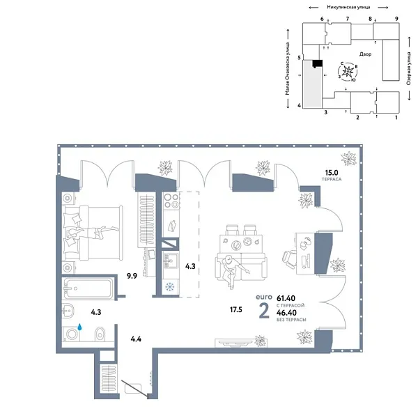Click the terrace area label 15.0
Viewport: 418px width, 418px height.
(330, 172)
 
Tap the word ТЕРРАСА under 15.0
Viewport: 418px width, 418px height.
(331, 180)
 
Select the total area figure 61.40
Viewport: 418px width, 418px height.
(286, 297)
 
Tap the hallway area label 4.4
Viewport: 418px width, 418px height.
(137, 339)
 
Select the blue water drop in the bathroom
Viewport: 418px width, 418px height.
(79, 325)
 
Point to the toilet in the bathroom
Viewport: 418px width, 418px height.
(98, 332)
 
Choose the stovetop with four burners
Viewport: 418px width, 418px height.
(170, 203)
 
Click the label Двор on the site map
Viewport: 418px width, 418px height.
(366, 54)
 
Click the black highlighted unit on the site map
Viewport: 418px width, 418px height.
(317, 64)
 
